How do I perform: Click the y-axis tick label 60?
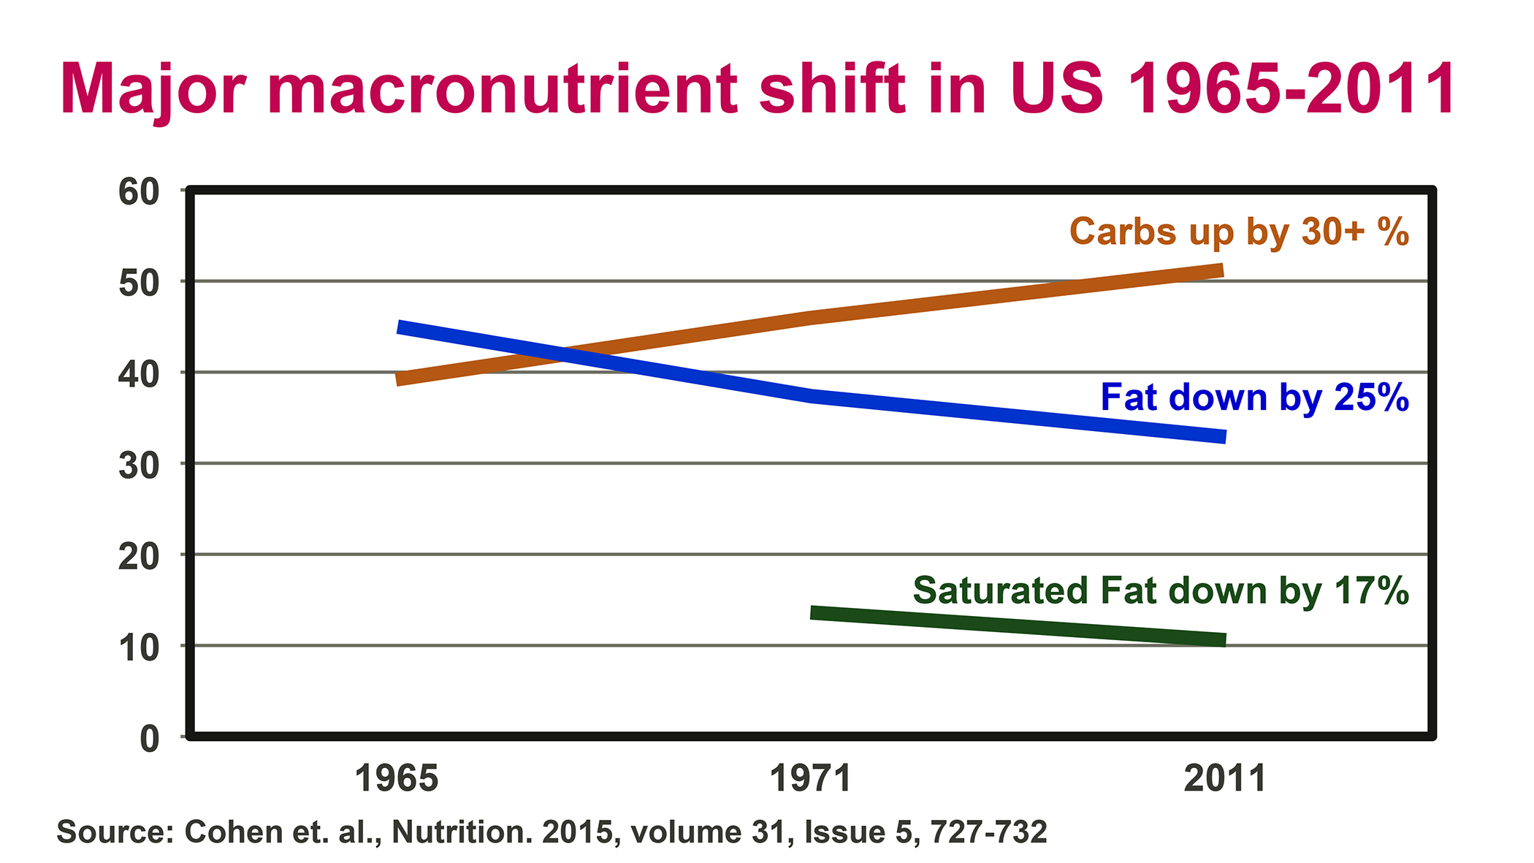pyautogui.click(x=139, y=192)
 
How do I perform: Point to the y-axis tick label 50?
pyautogui.click(x=139, y=283)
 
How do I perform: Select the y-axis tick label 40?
pyautogui.click(x=139, y=374)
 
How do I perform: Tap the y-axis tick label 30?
pyautogui.click(x=139, y=465)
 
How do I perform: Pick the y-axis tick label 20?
pyautogui.click(x=139, y=556)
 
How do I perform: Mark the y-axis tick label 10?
pyautogui.click(x=139, y=647)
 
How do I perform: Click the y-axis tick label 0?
pyautogui.click(x=149, y=738)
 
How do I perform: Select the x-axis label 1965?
pyautogui.click(x=397, y=778)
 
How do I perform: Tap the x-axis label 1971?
pyautogui.click(x=811, y=778)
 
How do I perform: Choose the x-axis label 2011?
pyautogui.click(x=1225, y=778)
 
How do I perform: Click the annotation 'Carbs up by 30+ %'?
pyautogui.click(x=1239, y=232)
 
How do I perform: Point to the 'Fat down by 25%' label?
pyautogui.click(x=1254, y=398)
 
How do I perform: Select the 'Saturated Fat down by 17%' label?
pyautogui.click(x=1161, y=590)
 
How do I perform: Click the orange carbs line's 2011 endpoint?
pyautogui.click(x=1221, y=271)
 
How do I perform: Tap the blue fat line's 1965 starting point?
pyautogui.click(x=400, y=327)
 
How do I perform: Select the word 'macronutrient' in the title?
pyautogui.click(x=503, y=89)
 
